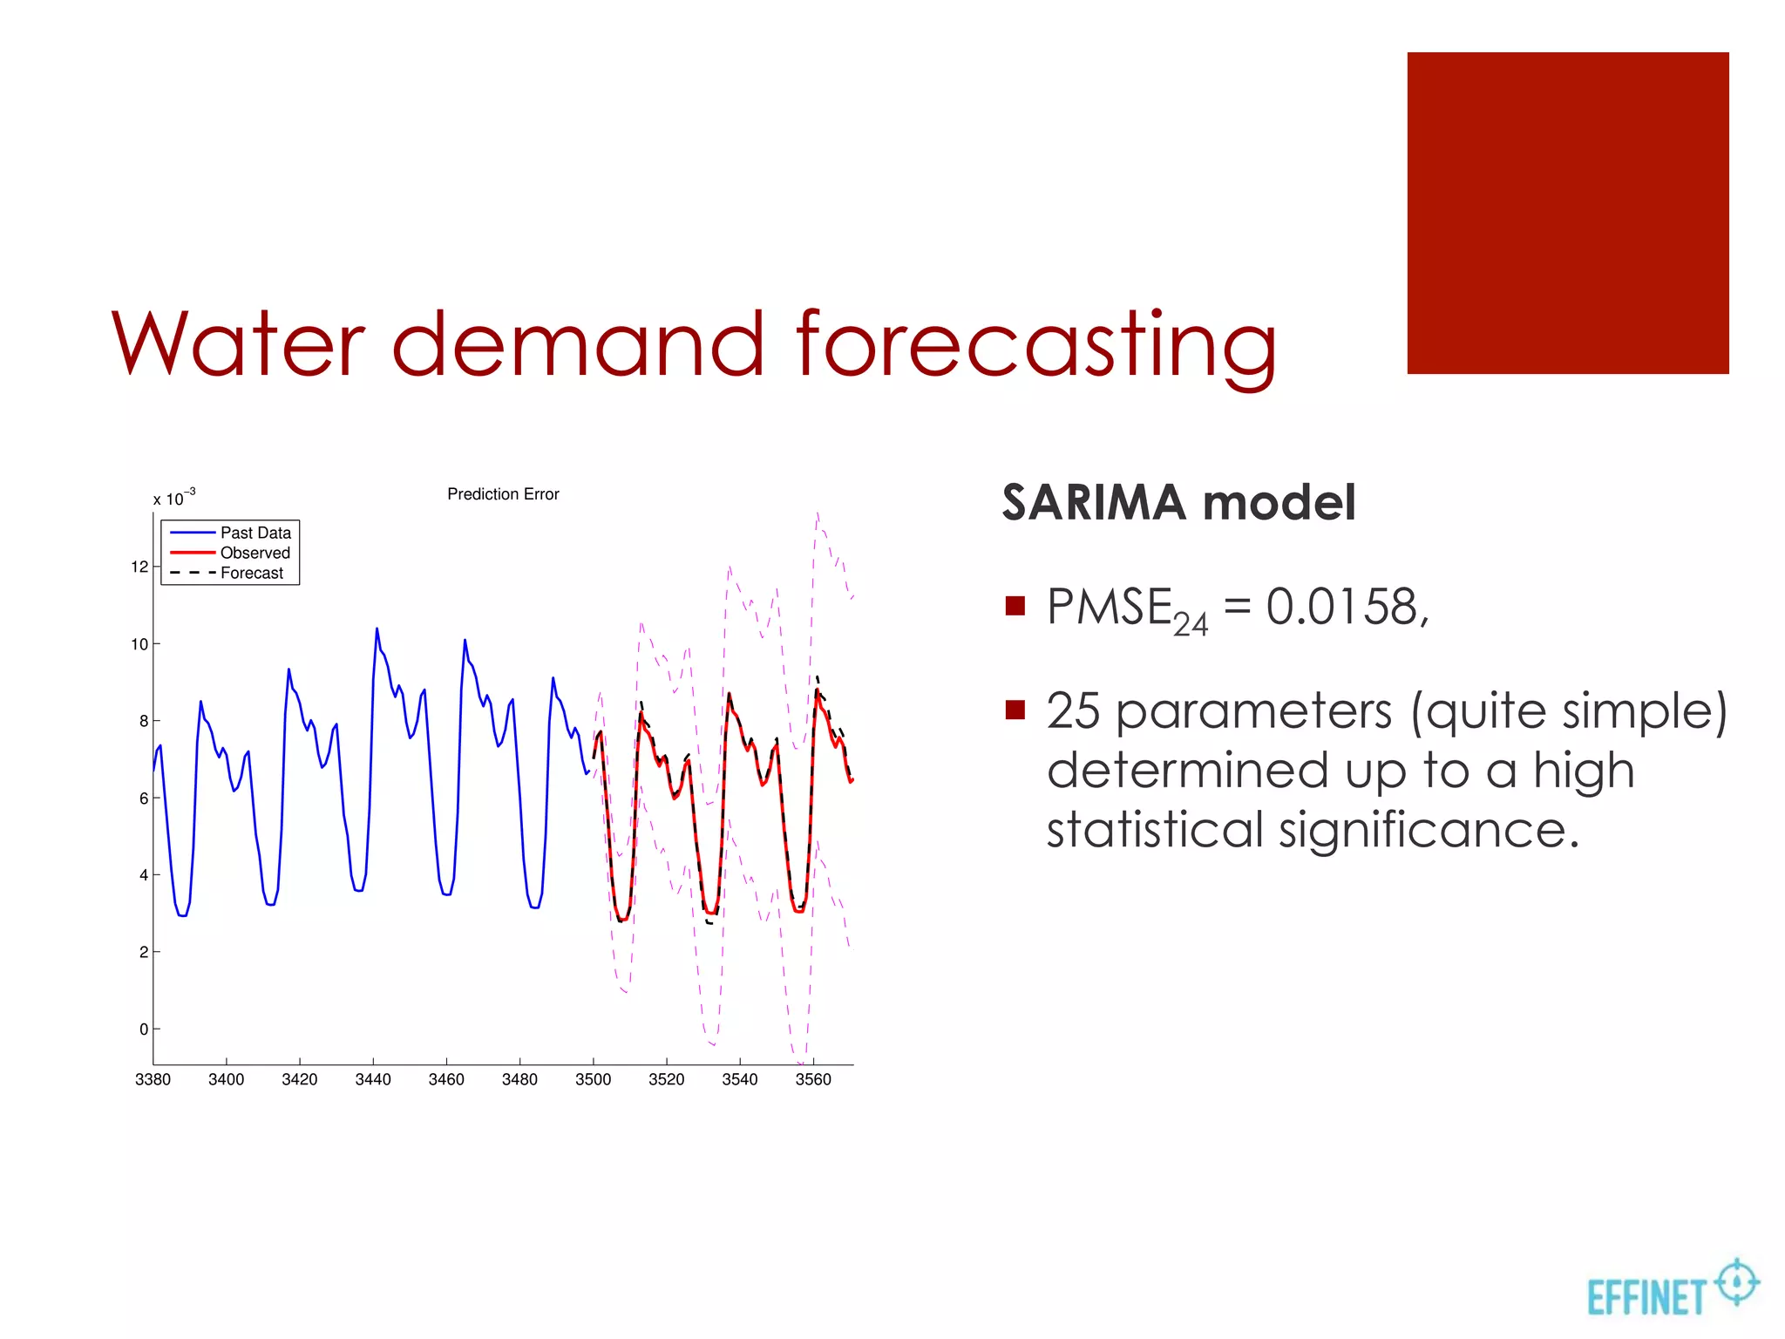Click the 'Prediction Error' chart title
pos(503,494)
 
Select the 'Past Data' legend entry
pos(255,533)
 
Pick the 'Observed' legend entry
pos(255,553)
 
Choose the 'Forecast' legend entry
pos(251,573)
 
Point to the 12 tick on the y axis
pos(139,567)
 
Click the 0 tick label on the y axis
pos(144,1030)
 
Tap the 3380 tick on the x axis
pos(153,1079)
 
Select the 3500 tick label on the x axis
pos(593,1079)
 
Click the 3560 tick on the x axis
pos(813,1079)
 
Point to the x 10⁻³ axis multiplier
pos(173,498)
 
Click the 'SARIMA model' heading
pos(1178,503)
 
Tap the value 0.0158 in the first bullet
pos(1347,607)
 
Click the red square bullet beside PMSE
pos(1015,606)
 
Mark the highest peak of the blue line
pos(377,629)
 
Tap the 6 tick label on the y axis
pos(144,799)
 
